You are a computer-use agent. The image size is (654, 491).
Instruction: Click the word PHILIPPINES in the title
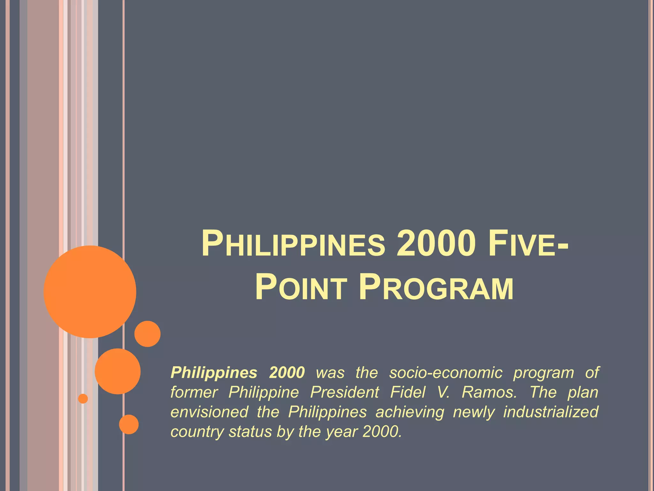click(293, 244)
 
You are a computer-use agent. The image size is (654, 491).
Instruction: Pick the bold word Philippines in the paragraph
click(214, 373)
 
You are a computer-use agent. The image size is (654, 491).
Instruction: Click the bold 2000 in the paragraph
click(287, 373)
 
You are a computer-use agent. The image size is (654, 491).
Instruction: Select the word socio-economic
click(446, 373)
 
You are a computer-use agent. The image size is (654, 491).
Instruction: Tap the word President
click(345, 392)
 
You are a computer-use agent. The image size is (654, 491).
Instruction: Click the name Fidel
click(408, 392)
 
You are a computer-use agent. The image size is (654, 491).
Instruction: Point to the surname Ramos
click(489, 392)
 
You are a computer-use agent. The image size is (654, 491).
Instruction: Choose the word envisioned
click(209, 412)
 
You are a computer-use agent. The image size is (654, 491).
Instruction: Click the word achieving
click(410, 412)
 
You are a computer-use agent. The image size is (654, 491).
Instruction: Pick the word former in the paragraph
click(194, 392)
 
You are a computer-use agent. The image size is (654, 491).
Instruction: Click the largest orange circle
click(90, 292)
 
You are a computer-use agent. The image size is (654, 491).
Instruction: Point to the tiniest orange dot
click(83, 399)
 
